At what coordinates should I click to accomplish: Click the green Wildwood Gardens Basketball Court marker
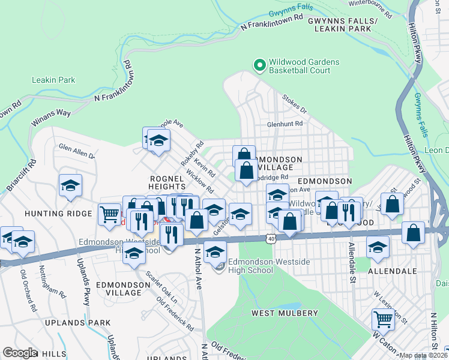(x=260, y=64)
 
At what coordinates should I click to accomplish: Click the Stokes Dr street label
(x=294, y=107)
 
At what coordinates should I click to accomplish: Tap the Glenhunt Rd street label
(x=285, y=124)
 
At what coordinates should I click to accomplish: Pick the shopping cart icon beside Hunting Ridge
(x=109, y=213)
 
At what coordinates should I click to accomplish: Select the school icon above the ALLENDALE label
(x=378, y=246)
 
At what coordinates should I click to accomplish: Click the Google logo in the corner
(x=20, y=352)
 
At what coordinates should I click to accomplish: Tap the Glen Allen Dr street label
(x=76, y=151)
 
